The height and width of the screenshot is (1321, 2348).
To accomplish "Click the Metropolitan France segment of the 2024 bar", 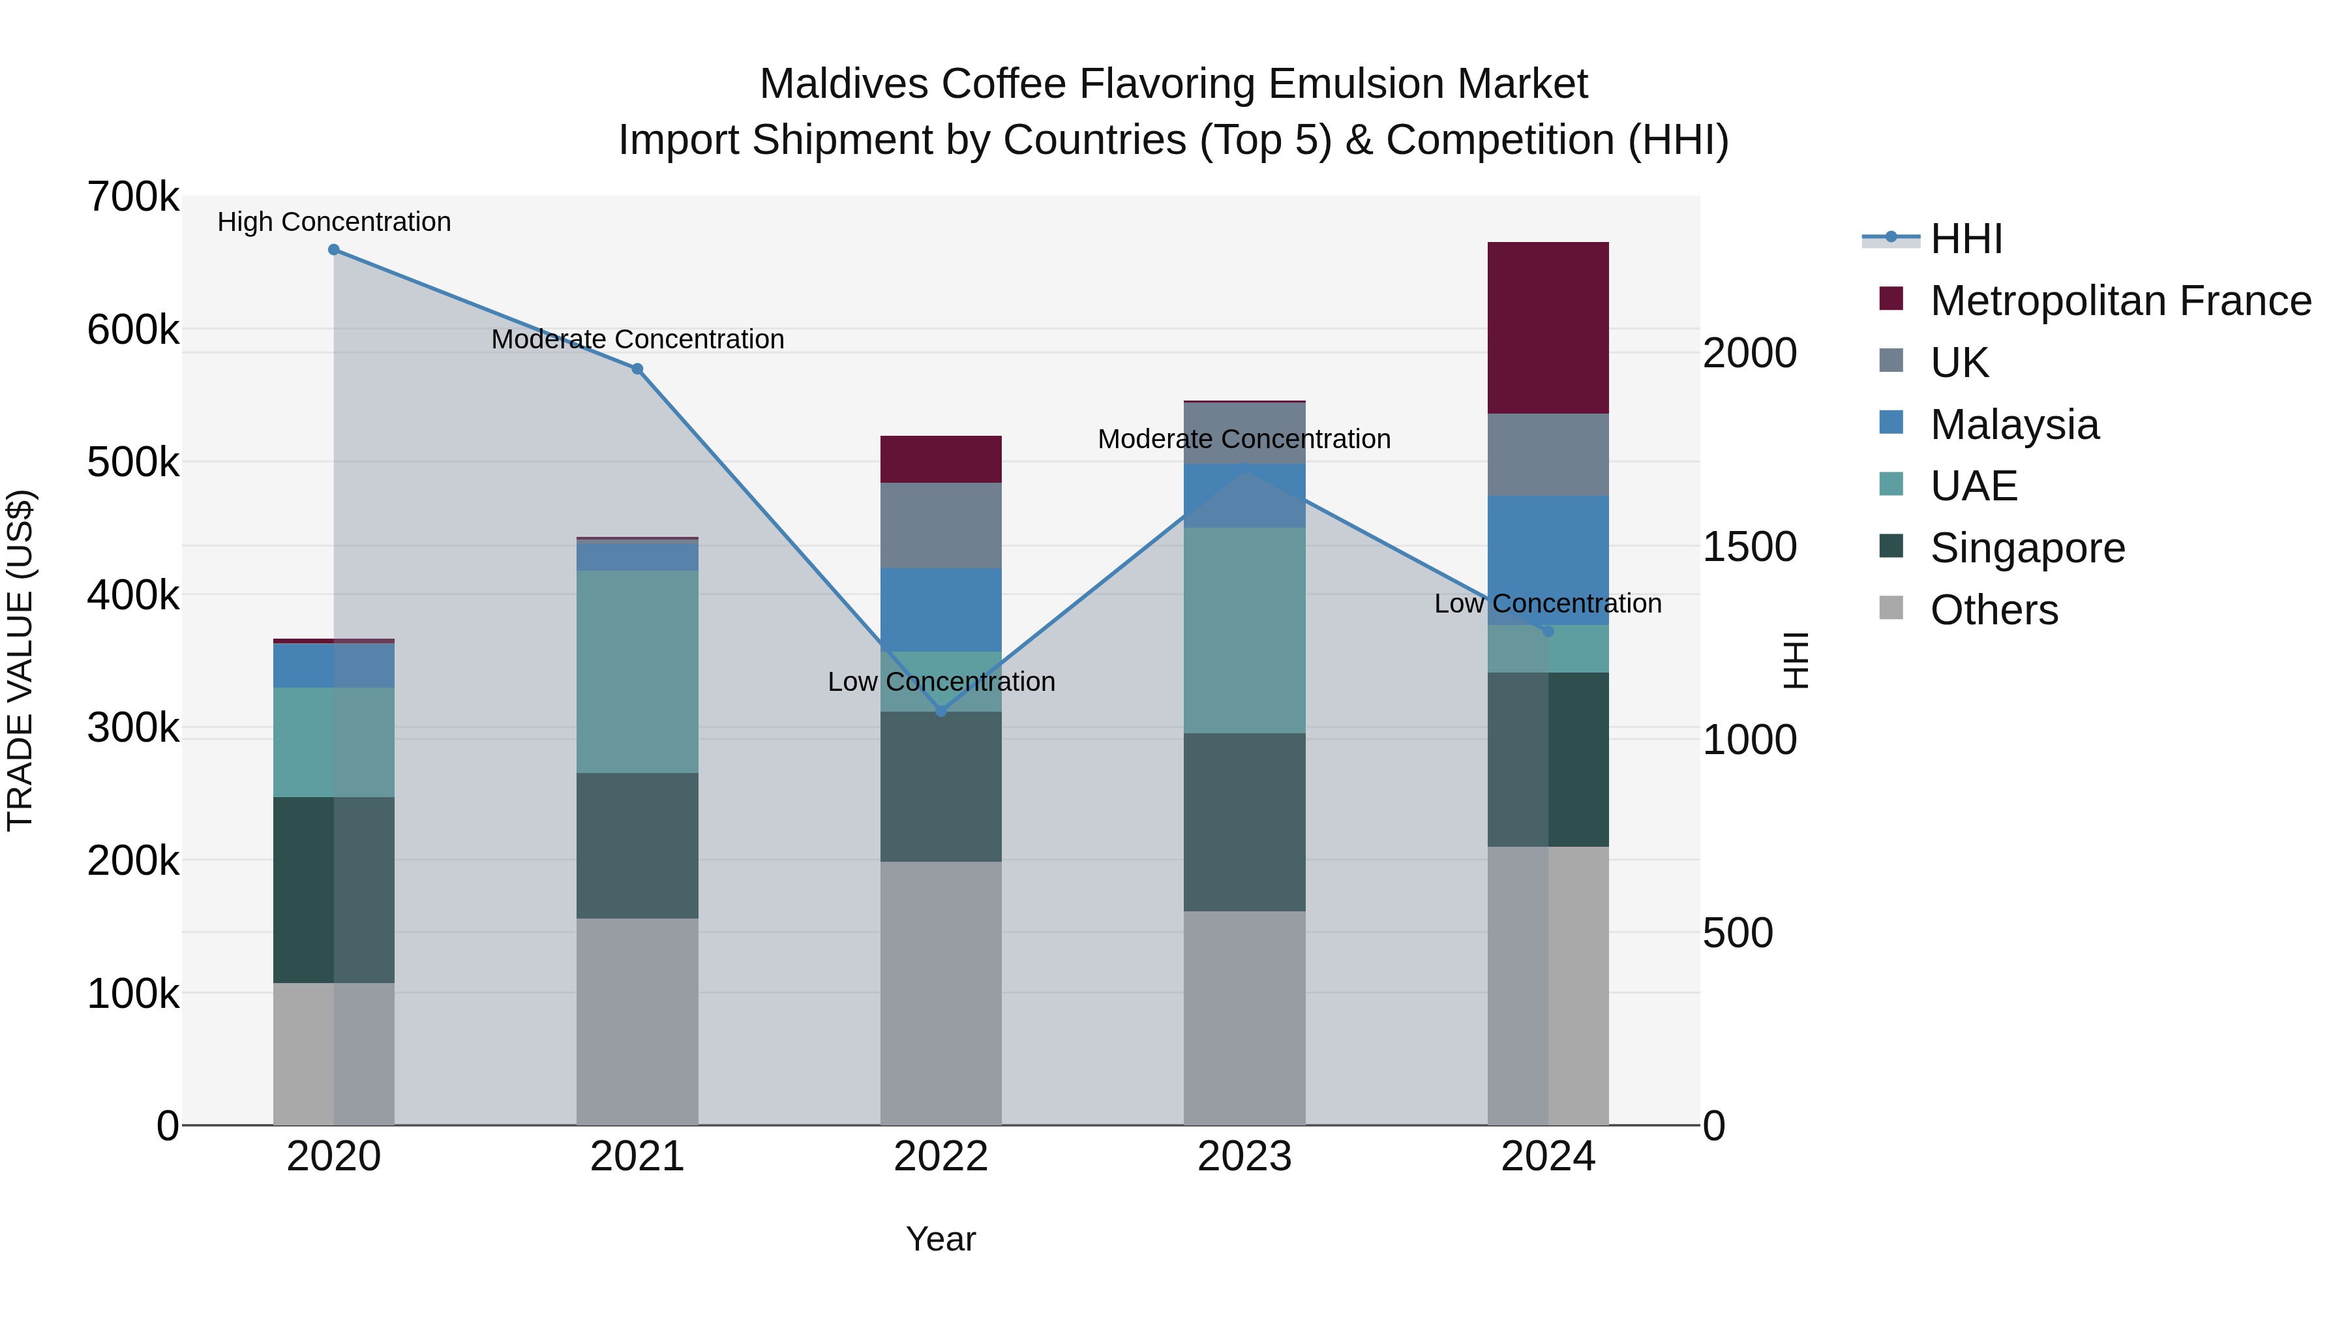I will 1548,327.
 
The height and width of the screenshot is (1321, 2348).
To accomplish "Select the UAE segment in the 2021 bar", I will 637,672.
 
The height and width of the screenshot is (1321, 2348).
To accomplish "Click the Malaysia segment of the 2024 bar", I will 1548,560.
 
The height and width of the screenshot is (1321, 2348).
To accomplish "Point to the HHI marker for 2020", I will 333,250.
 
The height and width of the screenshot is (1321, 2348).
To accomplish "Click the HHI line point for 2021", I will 637,369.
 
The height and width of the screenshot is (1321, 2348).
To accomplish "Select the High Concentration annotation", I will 333,222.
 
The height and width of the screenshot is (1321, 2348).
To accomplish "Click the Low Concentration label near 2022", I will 941,682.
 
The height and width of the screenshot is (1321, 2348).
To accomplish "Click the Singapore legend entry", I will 2027,548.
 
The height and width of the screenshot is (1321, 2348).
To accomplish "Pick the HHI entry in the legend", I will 1966,239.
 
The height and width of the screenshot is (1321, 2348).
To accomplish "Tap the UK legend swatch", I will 1891,360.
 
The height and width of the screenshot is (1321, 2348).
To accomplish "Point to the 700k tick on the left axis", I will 132,197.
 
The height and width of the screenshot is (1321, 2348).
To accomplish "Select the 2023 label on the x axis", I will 1244,1157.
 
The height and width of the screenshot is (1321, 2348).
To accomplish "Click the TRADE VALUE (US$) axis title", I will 20,660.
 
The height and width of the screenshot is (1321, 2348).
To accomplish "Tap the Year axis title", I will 941,1239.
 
